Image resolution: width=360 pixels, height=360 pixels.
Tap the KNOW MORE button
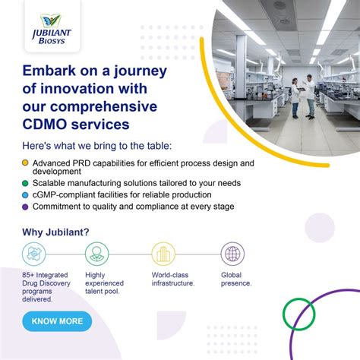[57, 321]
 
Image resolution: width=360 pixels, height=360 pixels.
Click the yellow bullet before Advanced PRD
[26, 163]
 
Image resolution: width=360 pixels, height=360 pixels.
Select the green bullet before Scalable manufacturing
[26, 184]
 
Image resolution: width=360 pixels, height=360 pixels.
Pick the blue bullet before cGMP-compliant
[26, 195]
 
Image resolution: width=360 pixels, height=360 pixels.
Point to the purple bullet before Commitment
[26, 206]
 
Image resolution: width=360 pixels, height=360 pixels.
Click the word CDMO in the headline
[46, 122]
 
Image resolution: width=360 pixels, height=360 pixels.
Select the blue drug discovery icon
[34, 254]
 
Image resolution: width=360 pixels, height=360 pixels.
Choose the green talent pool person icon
[96, 254]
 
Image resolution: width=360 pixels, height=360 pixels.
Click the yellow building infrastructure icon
[163, 254]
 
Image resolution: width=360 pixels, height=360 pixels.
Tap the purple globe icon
[232, 254]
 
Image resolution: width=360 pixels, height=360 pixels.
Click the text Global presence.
[236, 279]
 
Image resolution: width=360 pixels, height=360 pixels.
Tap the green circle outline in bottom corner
[298, 313]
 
